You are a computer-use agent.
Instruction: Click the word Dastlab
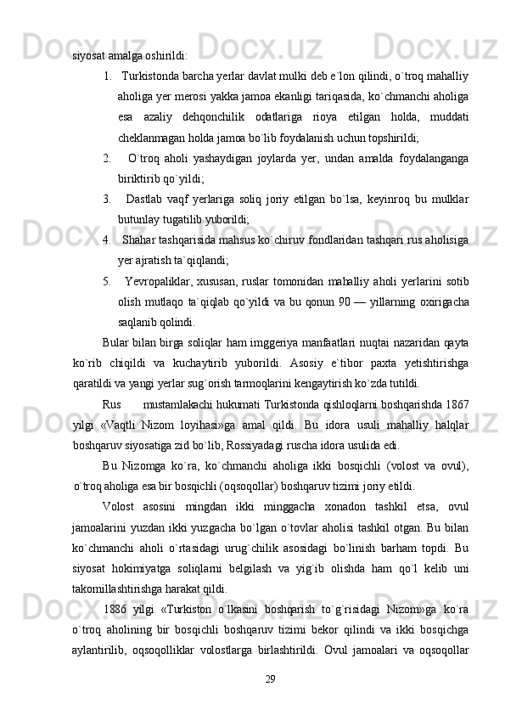(x=154, y=199)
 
